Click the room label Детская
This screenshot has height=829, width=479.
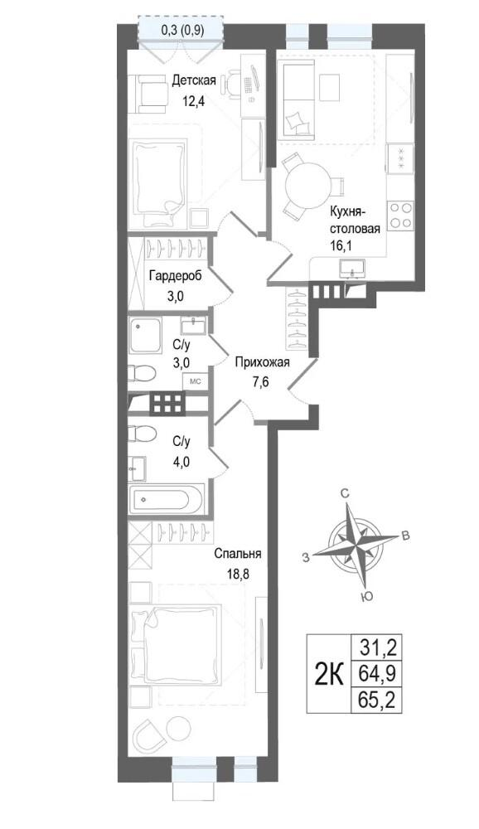[194, 81]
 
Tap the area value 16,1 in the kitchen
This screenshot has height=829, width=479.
[342, 245]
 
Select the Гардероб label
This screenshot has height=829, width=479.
[175, 275]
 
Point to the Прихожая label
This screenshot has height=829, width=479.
[262, 362]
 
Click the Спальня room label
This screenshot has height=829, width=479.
[238, 554]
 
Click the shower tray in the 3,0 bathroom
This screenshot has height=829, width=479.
[145, 337]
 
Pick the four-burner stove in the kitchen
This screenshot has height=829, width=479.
[401, 216]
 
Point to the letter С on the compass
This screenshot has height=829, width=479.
[344, 494]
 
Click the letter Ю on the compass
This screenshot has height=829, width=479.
[365, 597]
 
